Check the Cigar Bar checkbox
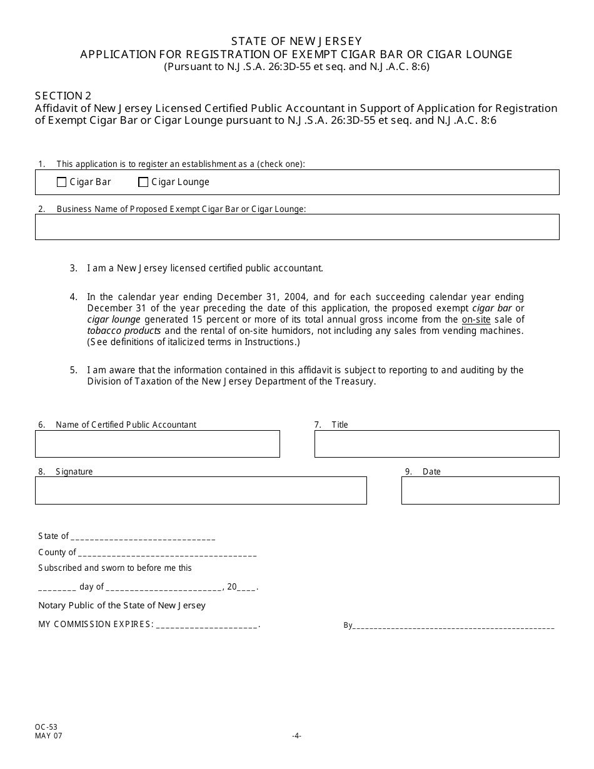[61, 183]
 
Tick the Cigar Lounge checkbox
[143, 183]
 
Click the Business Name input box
[297, 227]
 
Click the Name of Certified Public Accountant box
[157, 444]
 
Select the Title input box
[436, 444]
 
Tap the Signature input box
[201, 491]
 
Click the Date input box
[480, 491]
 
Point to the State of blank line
[143, 536]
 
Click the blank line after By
[454, 625]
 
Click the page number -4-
[297, 736]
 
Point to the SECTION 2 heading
[63, 96]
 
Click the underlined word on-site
[476, 319]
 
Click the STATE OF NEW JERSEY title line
[296, 43]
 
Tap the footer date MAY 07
[49, 736]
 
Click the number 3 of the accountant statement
[73, 268]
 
